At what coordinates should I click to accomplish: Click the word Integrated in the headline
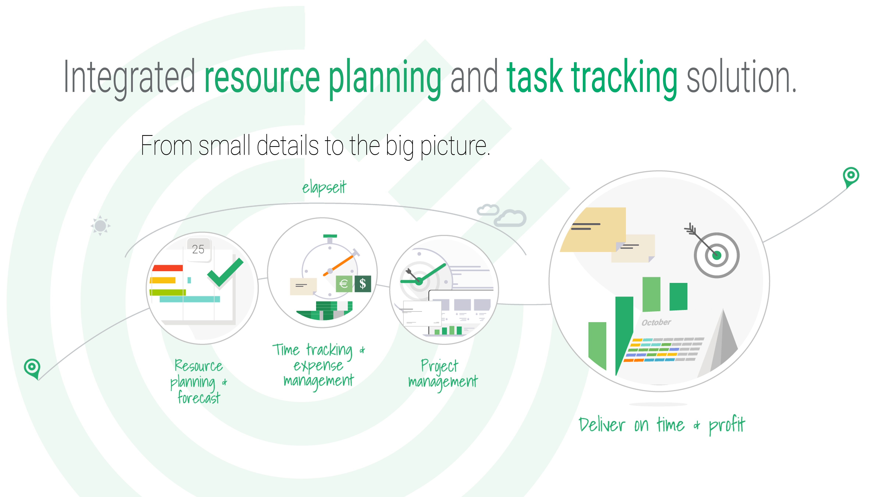129,77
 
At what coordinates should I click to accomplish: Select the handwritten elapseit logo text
324,187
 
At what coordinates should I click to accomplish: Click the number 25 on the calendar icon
198,249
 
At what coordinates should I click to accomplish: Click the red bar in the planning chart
168,268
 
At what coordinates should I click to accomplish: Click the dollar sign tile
363,284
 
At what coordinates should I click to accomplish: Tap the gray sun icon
100,226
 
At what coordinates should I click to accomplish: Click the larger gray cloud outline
510,218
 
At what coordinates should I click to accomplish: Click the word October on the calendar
656,322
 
